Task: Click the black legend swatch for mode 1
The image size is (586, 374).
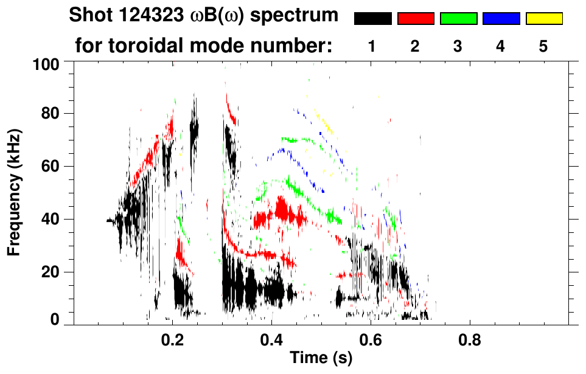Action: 372,19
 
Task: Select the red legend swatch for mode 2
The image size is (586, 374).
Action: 416,19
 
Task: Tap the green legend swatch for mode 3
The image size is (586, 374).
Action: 458,19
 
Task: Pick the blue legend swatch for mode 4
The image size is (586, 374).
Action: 501,19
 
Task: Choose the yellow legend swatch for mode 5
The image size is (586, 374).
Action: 544,19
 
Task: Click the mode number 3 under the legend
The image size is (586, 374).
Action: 458,47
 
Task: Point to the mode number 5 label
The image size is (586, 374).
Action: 543,47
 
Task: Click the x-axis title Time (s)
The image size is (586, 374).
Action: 320,359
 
